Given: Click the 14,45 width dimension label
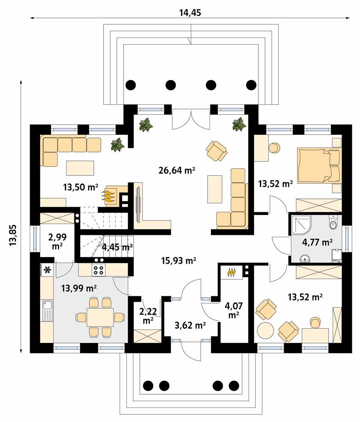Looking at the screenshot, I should (190, 13).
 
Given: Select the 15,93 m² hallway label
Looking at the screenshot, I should (178, 260).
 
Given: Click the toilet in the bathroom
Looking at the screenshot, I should (333, 223).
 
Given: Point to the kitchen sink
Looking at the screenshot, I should (47, 309).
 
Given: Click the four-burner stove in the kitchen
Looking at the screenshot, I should (98, 270).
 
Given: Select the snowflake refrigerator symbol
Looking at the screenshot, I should (47, 270).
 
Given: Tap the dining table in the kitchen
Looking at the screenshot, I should (100, 317).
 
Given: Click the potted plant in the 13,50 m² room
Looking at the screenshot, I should (117, 145).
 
